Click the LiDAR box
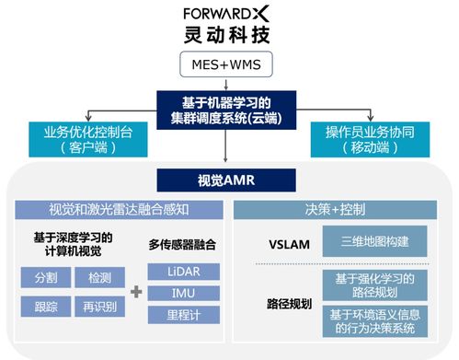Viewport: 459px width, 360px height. [182, 272]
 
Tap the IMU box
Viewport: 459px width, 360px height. [182, 294]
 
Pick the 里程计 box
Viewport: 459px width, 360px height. [182, 316]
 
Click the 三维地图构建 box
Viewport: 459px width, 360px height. [376, 244]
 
